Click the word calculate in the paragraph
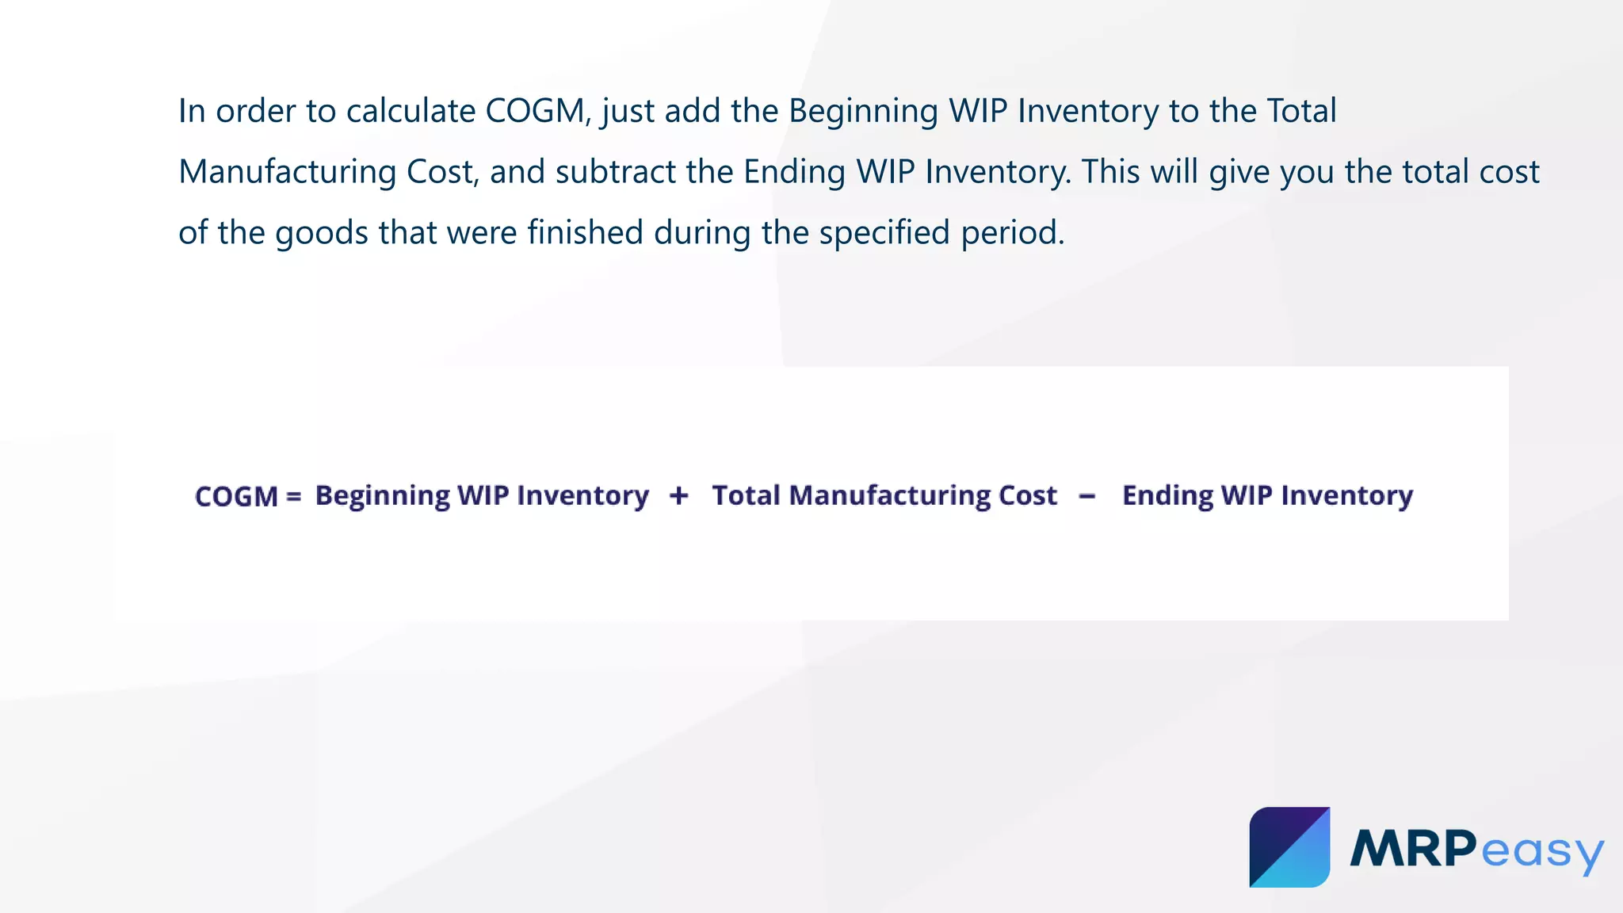coord(411,111)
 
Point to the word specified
coord(884,233)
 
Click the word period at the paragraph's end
coord(1012,233)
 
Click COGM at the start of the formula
coord(236,497)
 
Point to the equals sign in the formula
coord(294,497)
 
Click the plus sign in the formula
coord(678,496)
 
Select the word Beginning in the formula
coord(383,496)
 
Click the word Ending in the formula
coord(1167,496)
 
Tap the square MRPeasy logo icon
coord(1289,847)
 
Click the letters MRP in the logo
coord(1413,849)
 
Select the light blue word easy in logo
coord(1541,853)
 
